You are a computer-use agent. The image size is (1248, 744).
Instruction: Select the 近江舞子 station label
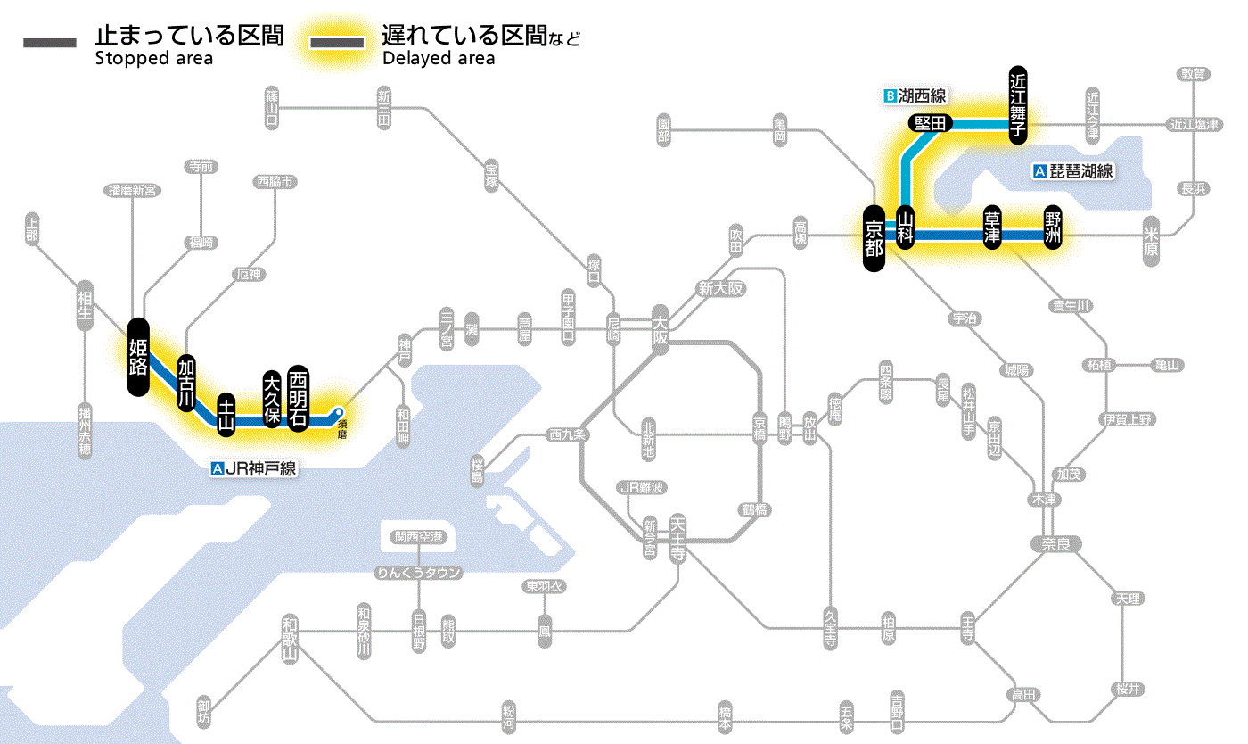[1018, 103]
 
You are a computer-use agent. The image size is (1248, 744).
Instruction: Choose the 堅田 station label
[931, 123]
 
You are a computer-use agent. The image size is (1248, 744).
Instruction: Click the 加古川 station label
[186, 383]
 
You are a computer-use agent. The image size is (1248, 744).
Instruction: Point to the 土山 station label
[227, 415]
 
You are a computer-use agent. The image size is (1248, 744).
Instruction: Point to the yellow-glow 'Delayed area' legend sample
[337, 43]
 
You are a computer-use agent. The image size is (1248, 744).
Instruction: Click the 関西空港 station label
[419, 537]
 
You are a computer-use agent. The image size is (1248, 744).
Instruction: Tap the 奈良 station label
[1055, 543]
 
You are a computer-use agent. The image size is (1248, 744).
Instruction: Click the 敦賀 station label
[1192, 74]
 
